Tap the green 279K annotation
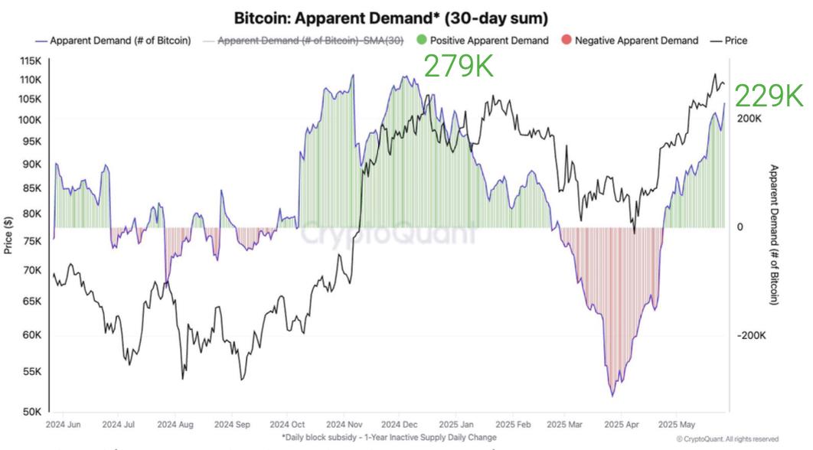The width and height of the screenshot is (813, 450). point(459,67)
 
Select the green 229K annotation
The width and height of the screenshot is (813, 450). point(769,96)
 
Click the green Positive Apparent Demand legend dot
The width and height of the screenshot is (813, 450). point(423,41)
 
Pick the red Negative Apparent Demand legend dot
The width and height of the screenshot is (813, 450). point(566,41)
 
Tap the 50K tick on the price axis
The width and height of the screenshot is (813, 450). point(31,412)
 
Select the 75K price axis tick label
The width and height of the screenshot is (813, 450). point(31,240)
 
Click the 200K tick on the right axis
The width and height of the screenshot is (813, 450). point(749,119)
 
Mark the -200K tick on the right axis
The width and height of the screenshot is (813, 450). point(751,336)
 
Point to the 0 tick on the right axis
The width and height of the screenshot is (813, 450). point(740,227)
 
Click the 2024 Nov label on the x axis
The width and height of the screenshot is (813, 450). point(344,423)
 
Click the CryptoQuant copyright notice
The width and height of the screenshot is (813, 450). point(727,439)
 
